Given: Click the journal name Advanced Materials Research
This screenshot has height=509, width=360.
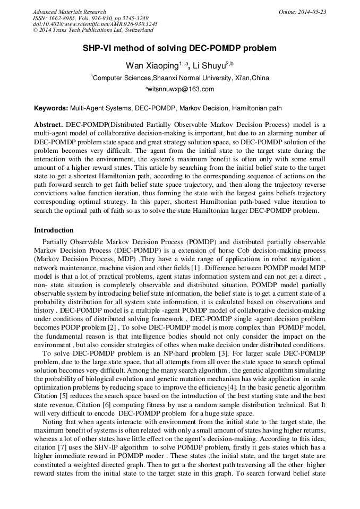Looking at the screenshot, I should click(x=69, y=12).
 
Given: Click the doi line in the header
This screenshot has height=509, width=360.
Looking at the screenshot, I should click(x=95, y=24).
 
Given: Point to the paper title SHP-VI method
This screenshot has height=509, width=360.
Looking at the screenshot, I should click(x=179, y=48).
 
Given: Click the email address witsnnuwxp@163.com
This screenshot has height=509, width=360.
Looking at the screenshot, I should click(x=181, y=89).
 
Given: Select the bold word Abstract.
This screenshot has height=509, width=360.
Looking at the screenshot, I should click(x=48, y=124).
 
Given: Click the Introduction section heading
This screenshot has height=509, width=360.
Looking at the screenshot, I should click(x=54, y=230).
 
